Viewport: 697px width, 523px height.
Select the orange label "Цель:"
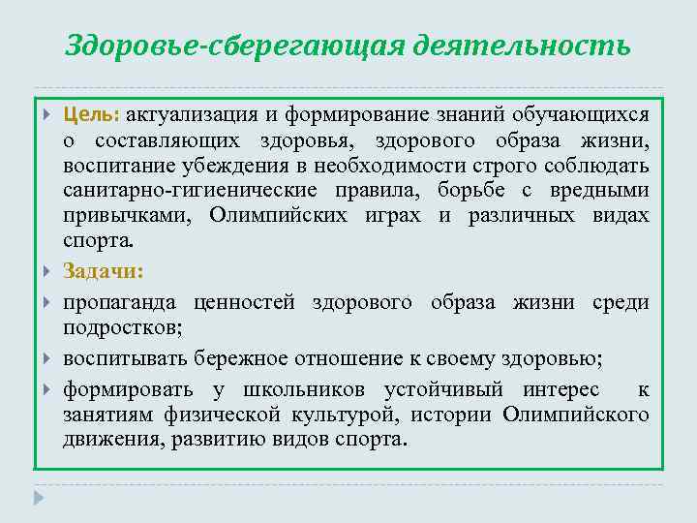(91, 114)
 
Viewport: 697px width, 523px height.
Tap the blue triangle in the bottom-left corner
(38, 498)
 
